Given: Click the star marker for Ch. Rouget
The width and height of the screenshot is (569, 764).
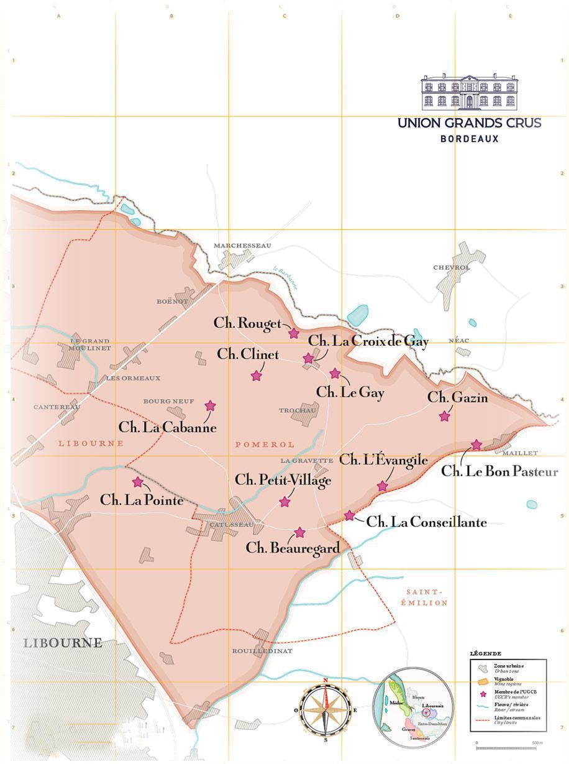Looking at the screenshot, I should click(294, 334).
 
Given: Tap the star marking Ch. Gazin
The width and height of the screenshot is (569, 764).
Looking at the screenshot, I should click(444, 417).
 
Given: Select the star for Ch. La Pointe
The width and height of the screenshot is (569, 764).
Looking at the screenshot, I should click(138, 482).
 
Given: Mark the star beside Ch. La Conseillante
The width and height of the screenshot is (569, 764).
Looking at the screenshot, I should click(350, 515).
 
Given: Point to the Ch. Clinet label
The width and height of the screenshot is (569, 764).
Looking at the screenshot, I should click(248, 354).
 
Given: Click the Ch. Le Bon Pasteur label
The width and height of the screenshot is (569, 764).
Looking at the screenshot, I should click(499, 471).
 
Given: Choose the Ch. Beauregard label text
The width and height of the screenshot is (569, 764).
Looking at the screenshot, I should click(293, 548).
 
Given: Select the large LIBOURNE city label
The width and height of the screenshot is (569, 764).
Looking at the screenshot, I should click(63, 642).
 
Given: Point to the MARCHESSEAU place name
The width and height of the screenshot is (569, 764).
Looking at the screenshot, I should click(243, 246).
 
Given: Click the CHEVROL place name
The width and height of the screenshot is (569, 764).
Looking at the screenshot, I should click(452, 267).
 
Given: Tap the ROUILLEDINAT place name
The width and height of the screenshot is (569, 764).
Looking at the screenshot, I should click(262, 651).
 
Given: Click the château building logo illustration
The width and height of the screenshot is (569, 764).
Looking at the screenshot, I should click(469, 92).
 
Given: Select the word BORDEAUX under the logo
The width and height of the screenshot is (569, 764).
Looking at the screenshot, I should click(469, 139).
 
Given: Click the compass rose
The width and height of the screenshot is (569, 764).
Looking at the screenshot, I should click(325, 709).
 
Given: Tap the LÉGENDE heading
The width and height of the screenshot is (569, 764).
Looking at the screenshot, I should click(486, 653).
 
